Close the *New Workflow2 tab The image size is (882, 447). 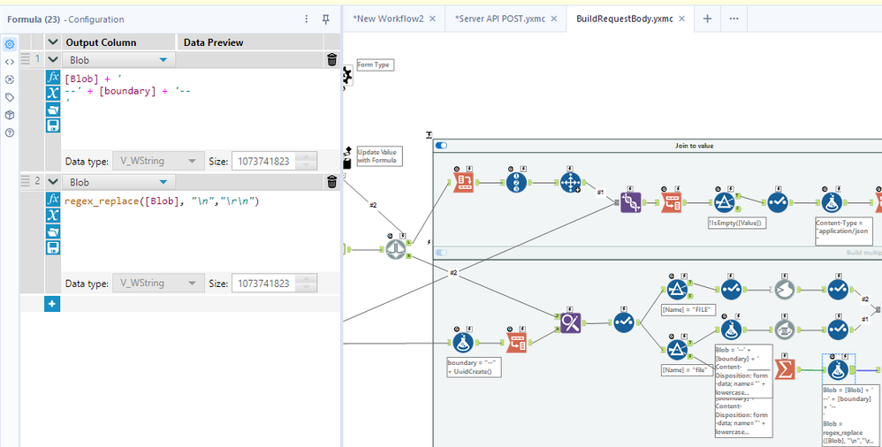[431, 19]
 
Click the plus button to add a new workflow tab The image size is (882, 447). [707, 19]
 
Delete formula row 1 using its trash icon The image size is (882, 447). [331, 60]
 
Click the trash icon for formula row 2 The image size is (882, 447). [331, 182]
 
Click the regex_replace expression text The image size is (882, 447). [162, 201]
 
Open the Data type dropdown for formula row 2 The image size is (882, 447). [157, 284]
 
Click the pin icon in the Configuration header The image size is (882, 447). [325, 19]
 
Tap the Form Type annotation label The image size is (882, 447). [374, 64]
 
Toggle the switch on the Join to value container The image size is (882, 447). [442, 145]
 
